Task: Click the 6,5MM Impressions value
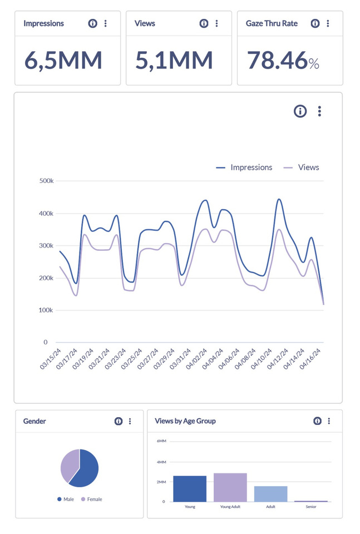[63, 61]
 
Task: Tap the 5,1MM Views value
[174, 61]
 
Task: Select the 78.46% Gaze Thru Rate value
[283, 61]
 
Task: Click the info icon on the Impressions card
[92, 23]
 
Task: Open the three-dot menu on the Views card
[216, 23]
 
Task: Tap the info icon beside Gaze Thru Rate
[315, 23]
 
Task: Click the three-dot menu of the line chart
[319, 111]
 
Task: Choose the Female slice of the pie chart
[68, 465]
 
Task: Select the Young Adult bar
[230, 487]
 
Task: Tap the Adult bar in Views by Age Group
[270, 493]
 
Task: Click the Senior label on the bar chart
[311, 507]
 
